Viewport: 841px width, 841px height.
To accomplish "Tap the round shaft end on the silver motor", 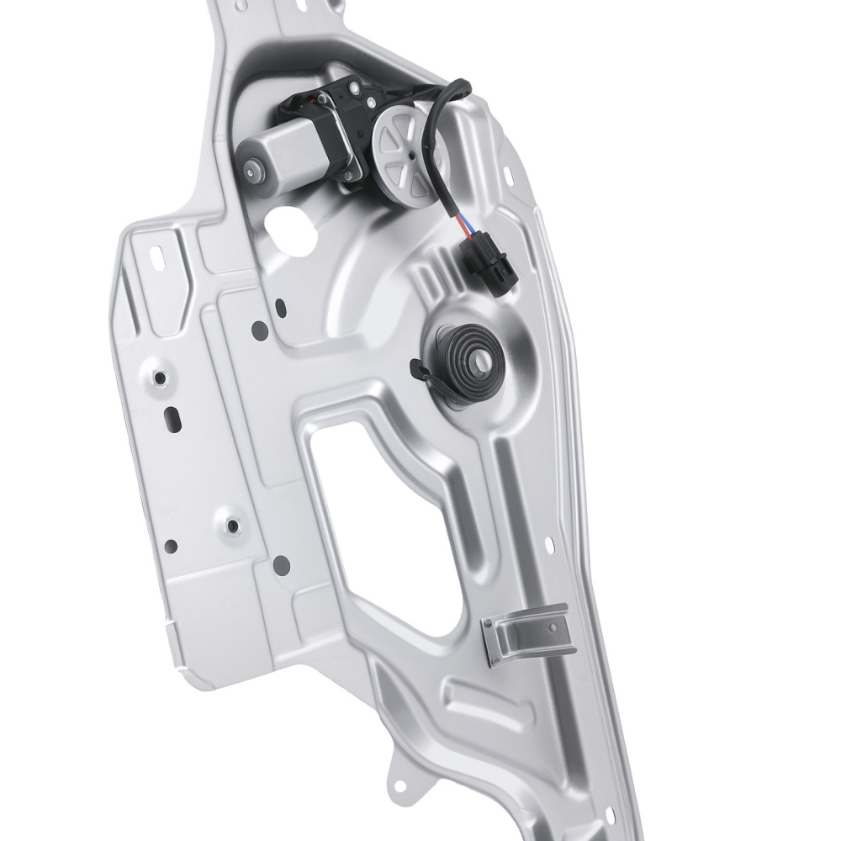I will click(x=252, y=171).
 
